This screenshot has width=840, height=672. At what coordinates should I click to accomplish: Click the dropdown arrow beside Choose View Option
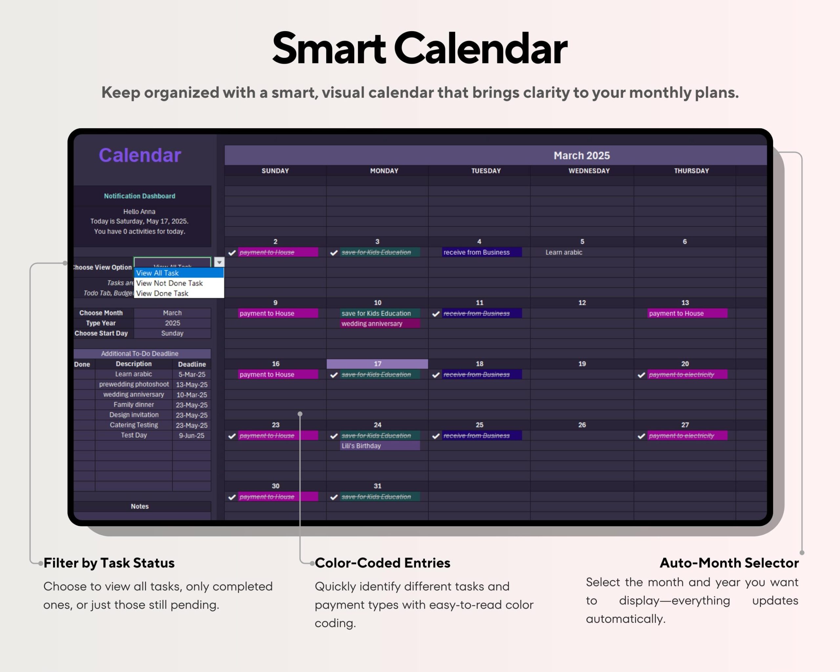(x=219, y=262)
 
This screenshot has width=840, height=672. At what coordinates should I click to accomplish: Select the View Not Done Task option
(x=170, y=283)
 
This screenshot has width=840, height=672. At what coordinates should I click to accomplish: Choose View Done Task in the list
(x=162, y=293)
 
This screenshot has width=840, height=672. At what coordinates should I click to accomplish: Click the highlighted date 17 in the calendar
(x=377, y=364)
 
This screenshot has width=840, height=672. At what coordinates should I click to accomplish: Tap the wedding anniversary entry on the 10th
(x=372, y=324)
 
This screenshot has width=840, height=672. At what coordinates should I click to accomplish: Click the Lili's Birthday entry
(x=361, y=446)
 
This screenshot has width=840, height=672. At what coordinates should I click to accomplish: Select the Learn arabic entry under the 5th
(x=563, y=252)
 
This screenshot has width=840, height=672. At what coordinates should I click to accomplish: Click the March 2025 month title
(x=581, y=156)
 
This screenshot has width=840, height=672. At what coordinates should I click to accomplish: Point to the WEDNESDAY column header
(x=589, y=171)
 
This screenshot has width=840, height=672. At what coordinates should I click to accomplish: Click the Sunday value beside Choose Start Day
(x=172, y=333)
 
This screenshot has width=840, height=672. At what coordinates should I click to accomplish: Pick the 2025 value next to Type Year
(x=172, y=323)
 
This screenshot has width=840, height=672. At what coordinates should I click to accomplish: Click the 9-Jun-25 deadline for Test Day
(x=191, y=435)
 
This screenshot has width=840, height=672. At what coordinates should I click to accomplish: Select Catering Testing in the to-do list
(x=134, y=425)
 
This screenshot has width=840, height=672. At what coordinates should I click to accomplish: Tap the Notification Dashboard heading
(x=139, y=196)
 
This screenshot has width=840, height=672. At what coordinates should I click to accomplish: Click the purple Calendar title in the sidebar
(x=140, y=155)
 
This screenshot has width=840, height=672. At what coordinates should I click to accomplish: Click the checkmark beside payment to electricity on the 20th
(x=641, y=375)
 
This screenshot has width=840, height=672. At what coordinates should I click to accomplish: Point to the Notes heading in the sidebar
(x=139, y=506)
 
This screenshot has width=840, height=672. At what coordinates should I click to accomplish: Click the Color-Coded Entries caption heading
(x=382, y=563)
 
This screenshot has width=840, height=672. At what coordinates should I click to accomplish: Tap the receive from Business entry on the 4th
(x=476, y=252)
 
